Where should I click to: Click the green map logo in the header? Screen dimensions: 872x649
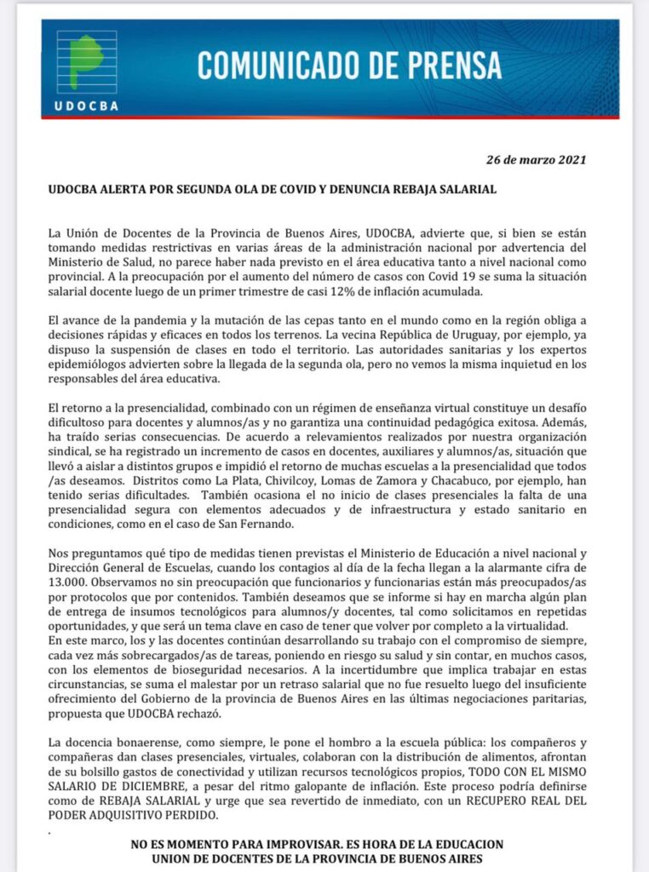(86, 61)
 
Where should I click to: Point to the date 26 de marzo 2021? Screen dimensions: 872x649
(537, 159)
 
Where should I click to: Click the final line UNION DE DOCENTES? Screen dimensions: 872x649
(306, 858)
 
